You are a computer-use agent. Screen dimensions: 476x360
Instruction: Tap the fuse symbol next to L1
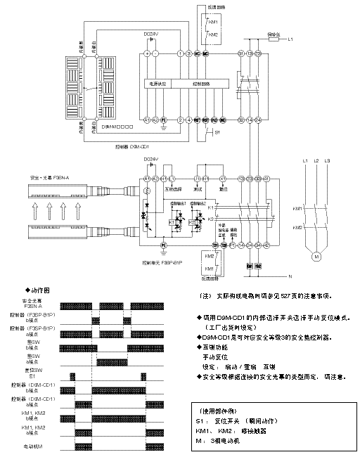pyautogui.click(x=275, y=39)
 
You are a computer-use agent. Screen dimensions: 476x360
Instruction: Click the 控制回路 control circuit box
pyautogui.click(x=200, y=83)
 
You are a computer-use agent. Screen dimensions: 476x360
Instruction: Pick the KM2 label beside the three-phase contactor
pyautogui.click(x=297, y=227)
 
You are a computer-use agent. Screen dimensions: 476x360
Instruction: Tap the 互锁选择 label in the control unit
pyautogui.click(x=173, y=189)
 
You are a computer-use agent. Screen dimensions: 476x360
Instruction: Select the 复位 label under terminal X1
pyautogui.click(x=223, y=189)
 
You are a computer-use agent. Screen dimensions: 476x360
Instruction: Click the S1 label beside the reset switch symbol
pyautogui.click(x=217, y=131)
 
